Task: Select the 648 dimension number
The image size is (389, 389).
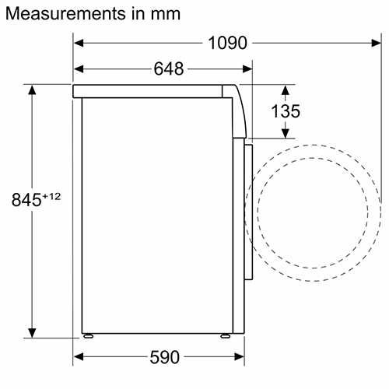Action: [x=168, y=69]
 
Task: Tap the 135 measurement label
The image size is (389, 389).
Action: [x=285, y=111]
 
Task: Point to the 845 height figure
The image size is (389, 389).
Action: [x=26, y=200]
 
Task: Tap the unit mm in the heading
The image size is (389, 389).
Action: [x=166, y=14]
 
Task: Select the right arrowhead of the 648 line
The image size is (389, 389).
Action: [x=249, y=69]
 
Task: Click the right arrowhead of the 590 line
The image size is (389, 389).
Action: [x=234, y=357]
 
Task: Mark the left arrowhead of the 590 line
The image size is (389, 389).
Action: [x=79, y=357]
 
